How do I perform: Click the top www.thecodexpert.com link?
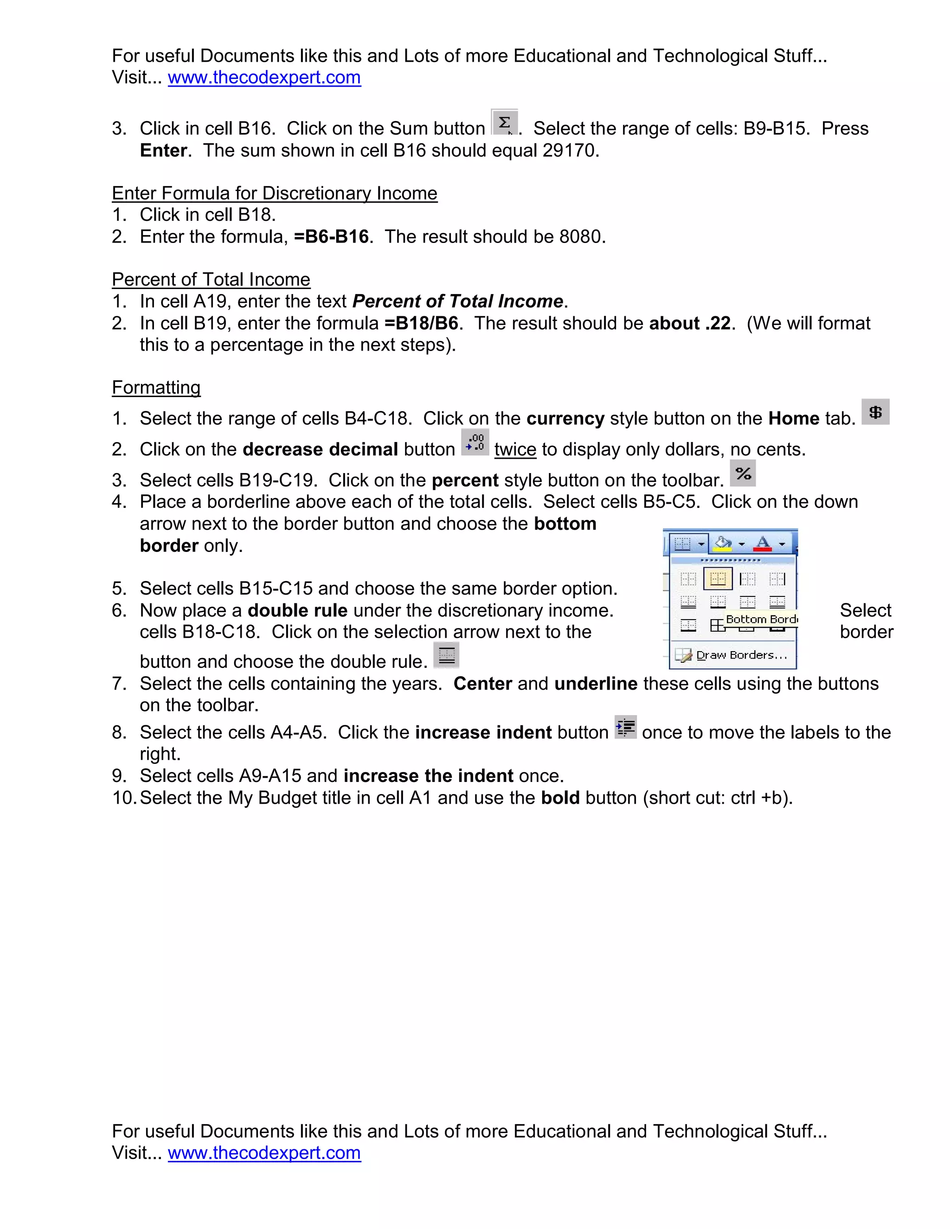[264, 77]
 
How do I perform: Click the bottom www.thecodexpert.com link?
[264, 1153]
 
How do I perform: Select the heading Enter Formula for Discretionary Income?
[275, 193]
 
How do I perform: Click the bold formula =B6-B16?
[332, 237]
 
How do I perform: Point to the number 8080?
[580, 237]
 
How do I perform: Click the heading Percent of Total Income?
[211, 280]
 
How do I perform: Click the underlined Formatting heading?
[156, 388]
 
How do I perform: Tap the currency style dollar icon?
[875, 412]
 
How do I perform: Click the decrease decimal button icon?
[475, 442]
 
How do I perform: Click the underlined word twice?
[515, 449]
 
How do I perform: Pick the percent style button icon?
[743, 473]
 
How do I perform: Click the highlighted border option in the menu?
[718, 578]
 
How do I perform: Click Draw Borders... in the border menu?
[741, 655]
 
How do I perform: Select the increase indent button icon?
[625, 727]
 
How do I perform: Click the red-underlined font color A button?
[763, 544]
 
